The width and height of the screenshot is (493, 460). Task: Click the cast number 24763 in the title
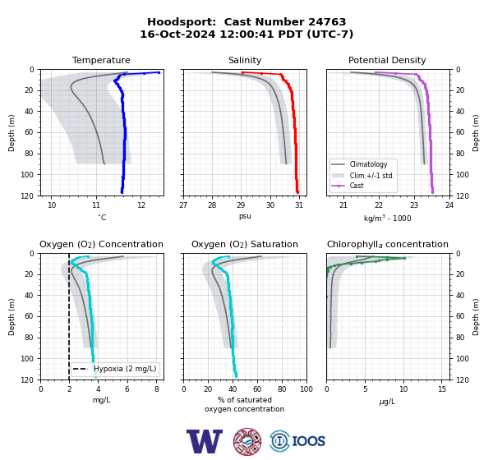[x=327, y=22]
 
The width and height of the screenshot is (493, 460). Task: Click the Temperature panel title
[x=101, y=60]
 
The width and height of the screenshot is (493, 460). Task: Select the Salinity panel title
[x=245, y=60]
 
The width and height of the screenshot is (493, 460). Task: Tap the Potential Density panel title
[x=387, y=60]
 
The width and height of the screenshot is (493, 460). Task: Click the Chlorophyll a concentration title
[x=387, y=244]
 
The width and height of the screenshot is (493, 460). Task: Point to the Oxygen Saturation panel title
[x=245, y=244]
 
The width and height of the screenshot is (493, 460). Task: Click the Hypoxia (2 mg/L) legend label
[x=125, y=369]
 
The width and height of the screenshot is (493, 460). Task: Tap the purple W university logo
[x=205, y=441]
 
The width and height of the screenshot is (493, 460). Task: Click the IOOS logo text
[x=308, y=441]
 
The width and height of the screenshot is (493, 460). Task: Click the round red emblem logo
[x=247, y=441]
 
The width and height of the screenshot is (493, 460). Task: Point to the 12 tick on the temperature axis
[x=141, y=205]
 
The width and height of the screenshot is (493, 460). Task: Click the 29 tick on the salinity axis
[x=241, y=205]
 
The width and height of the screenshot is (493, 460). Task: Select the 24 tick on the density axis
[x=449, y=205]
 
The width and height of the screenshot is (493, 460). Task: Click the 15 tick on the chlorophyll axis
[x=442, y=389]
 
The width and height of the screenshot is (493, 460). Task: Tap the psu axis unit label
[x=245, y=217]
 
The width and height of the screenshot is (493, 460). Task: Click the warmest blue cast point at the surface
[x=159, y=72]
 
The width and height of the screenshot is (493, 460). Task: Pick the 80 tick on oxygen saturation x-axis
[x=282, y=389]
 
